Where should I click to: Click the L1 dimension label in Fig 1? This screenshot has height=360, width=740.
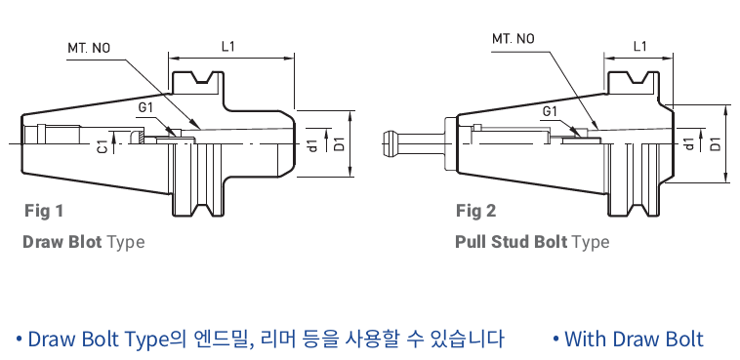[227, 46]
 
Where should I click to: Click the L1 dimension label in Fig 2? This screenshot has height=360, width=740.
[639, 46]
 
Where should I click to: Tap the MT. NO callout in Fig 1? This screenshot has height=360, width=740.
[89, 48]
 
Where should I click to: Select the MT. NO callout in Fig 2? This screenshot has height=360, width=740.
[514, 38]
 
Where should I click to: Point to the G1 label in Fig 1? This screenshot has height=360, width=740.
[145, 107]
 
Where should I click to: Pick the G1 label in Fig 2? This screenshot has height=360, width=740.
[550, 111]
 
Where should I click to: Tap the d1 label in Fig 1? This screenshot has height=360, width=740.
[313, 145]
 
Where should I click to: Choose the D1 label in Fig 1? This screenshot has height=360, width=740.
[339, 144]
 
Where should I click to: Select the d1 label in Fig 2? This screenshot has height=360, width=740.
[689, 143]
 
